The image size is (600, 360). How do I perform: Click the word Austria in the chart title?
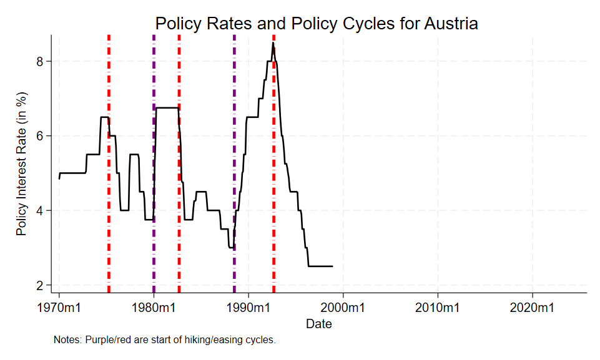click(x=451, y=24)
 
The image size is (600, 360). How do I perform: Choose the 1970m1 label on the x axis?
click(x=59, y=308)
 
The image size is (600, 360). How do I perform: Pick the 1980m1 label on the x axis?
click(x=154, y=308)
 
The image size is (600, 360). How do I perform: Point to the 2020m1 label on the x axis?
click(x=533, y=308)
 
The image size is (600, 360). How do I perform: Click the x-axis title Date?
click(x=319, y=324)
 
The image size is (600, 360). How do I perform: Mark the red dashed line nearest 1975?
click(x=109, y=187)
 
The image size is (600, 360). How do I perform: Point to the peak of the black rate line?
click(x=273, y=43)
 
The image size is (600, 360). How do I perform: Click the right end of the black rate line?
click(x=332, y=266)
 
